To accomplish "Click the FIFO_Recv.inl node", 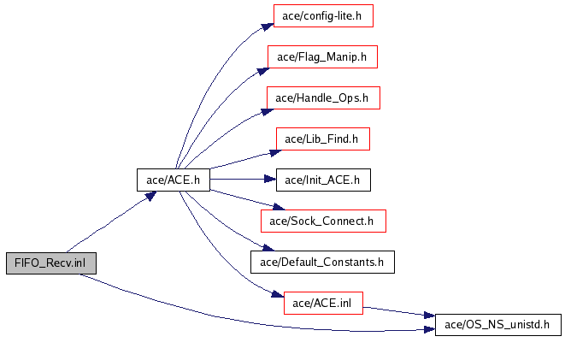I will pos(50,263).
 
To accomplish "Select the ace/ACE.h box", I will pos(174,180).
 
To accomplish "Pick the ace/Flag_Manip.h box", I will pos(322,57).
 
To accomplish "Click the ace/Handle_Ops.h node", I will pos(322,97).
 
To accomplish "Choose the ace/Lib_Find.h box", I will pos(322,139).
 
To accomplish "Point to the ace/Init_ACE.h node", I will pos(322,180).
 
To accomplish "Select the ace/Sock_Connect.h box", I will pos(322,221).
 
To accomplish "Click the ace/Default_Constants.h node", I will pos(322,262).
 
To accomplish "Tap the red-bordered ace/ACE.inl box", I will pos(322,303).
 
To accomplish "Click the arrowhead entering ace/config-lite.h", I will pos(268,21).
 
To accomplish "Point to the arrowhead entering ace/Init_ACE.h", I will pos(270,180).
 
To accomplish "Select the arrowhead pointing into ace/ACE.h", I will pos(150,195).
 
